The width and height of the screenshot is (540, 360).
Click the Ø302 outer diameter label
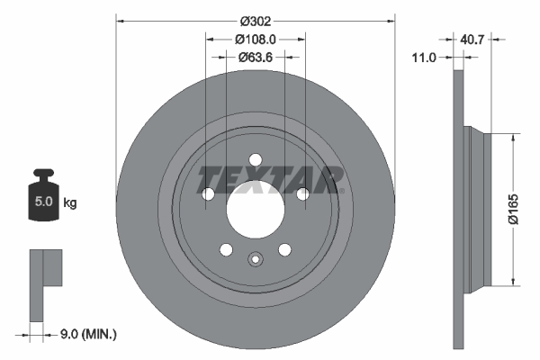[255, 17]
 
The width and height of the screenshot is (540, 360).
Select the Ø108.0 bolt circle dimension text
[255, 39]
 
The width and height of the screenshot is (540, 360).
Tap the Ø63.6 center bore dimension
[255, 57]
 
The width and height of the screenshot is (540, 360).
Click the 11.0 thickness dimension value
[423, 57]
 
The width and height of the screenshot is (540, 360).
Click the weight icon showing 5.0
[43, 198]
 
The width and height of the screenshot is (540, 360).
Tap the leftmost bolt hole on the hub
[208, 194]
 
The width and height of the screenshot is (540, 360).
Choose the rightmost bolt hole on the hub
[302, 194]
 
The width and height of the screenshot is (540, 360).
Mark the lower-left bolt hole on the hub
[226, 250]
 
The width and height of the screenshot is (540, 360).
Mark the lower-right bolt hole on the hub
[284, 250]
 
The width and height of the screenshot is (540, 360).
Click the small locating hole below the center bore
[255, 262]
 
